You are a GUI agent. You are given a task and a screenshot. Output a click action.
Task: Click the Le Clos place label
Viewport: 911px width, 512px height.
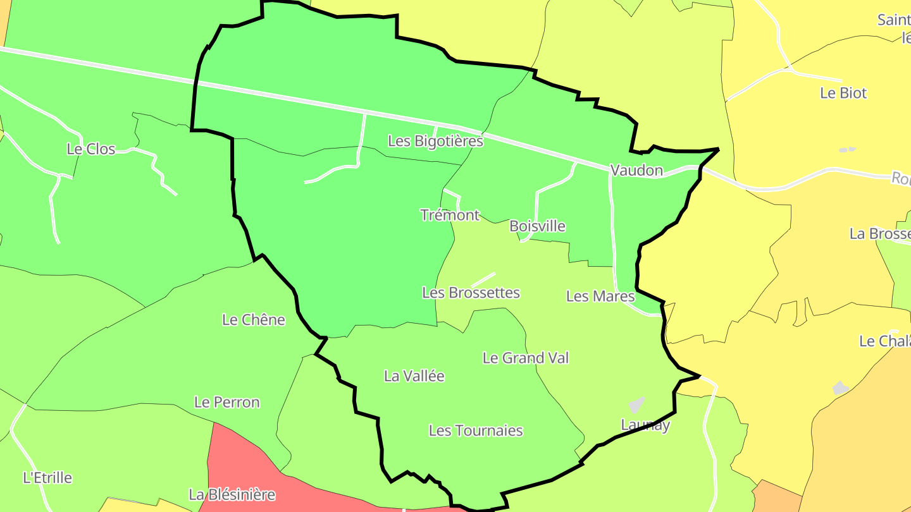click(x=91, y=149)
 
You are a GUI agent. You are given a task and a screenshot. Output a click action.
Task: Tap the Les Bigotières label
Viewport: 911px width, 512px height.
click(x=435, y=141)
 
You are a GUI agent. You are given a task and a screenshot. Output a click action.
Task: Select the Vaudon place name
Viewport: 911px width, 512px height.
click(x=636, y=170)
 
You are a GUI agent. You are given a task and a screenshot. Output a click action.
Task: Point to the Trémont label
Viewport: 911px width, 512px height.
click(x=450, y=215)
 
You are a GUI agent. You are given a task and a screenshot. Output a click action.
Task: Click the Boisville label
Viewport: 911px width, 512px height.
click(x=537, y=226)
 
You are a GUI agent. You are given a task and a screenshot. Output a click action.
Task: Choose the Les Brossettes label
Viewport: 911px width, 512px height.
click(x=471, y=293)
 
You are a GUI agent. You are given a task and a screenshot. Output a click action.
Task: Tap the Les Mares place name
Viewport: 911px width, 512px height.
click(x=600, y=296)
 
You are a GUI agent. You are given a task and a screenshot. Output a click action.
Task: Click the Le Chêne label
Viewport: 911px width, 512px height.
click(x=253, y=320)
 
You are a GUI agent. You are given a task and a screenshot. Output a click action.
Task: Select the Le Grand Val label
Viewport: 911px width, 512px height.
click(x=525, y=358)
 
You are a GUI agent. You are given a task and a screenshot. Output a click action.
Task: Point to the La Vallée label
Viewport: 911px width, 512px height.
click(x=414, y=376)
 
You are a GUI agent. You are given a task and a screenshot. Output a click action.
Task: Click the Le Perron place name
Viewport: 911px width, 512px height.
click(x=226, y=402)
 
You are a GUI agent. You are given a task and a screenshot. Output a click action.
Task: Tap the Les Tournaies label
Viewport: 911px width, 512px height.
click(x=476, y=430)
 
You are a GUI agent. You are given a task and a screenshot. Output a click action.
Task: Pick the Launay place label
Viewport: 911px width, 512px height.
click(x=645, y=425)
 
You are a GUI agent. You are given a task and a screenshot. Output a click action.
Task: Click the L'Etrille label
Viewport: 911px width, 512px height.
click(x=47, y=477)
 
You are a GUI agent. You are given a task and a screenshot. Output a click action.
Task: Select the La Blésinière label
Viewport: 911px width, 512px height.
click(x=232, y=494)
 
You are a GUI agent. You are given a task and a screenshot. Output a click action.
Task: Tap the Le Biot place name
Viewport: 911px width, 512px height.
click(x=843, y=93)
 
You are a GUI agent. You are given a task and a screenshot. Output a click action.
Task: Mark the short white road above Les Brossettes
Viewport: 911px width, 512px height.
click(x=483, y=279)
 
